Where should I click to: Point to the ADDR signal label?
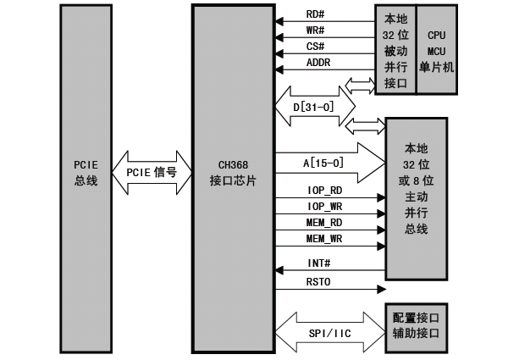click(x=318, y=63)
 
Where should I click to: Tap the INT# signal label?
click(x=318, y=263)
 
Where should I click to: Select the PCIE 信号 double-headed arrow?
click(x=152, y=172)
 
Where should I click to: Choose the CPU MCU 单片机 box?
click(x=437, y=50)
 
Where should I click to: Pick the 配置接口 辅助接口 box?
click(x=416, y=324)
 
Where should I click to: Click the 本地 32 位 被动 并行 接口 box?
click(x=396, y=50)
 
